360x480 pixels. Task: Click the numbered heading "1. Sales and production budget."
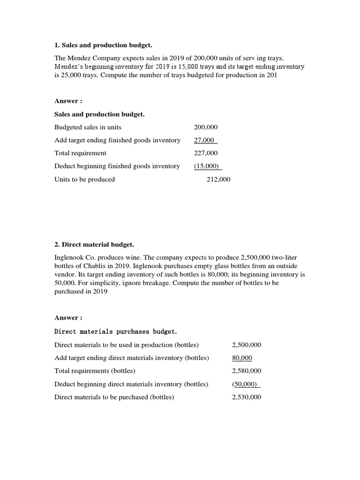click(x=104, y=45)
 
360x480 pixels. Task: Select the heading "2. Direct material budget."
click(x=94, y=245)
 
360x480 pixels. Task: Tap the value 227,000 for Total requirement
click(x=206, y=153)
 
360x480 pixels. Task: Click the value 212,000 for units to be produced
click(x=218, y=179)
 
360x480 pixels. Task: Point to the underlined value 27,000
click(x=204, y=140)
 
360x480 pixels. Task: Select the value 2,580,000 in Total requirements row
click(x=247, y=371)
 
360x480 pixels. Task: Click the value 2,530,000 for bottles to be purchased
click(x=247, y=397)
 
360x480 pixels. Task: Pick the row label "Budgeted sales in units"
click(x=88, y=127)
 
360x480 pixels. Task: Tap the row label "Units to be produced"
click(x=84, y=179)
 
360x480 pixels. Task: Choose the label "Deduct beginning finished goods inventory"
click(x=117, y=166)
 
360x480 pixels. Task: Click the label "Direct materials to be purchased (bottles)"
click(x=114, y=397)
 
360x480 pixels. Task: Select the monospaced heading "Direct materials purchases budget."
click(x=116, y=331)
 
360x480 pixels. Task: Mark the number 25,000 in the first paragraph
click(x=71, y=75)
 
